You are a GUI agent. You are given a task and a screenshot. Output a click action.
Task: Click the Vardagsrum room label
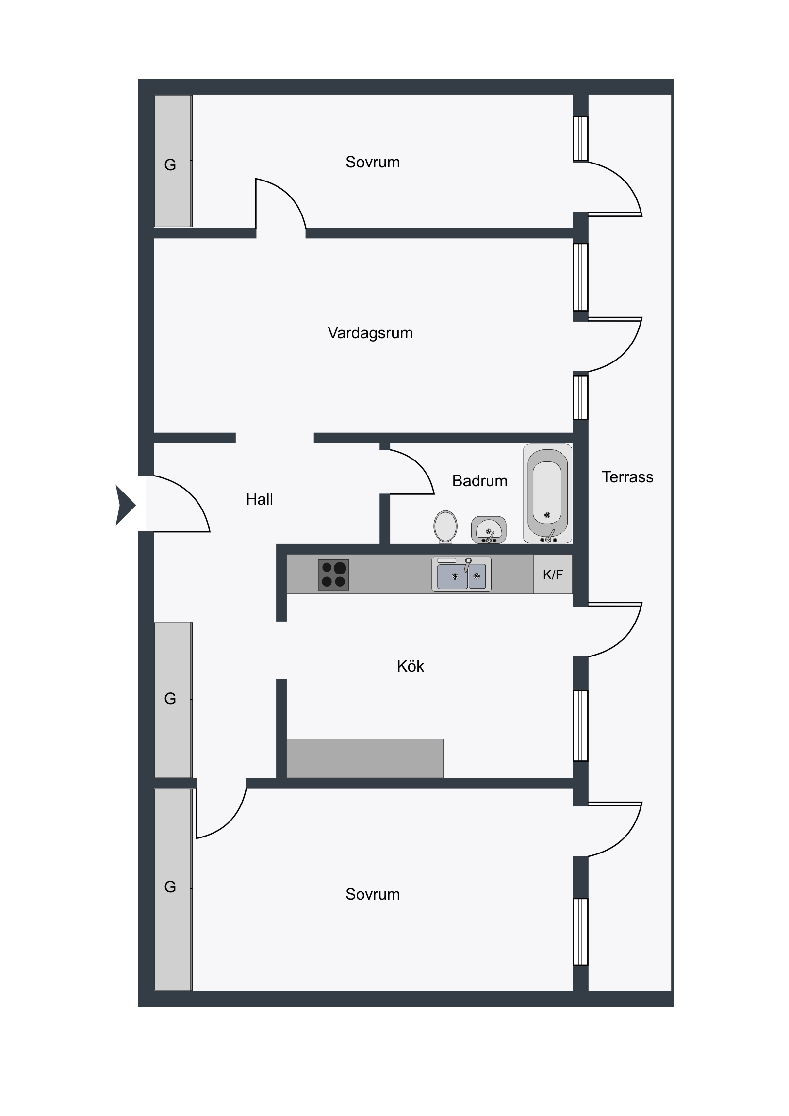click(370, 333)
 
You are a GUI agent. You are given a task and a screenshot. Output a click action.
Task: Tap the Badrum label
click(479, 481)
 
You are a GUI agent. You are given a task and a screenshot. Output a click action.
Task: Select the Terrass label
click(627, 477)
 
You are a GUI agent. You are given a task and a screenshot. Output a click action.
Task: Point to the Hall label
click(259, 499)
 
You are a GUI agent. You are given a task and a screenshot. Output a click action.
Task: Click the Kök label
click(411, 666)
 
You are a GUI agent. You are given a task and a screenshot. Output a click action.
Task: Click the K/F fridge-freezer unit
click(553, 574)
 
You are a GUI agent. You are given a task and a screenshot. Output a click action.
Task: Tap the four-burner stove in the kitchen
click(333, 574)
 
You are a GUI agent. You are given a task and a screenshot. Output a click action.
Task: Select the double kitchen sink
click(461, 574)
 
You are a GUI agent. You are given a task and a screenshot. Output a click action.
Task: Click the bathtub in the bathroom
click(547, 493)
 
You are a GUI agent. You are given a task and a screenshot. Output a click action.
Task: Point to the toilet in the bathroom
click(445, 527)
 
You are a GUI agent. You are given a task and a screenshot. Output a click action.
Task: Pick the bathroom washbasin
click(489, 530)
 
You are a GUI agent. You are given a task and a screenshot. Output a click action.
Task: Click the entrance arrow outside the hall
click(125, 506)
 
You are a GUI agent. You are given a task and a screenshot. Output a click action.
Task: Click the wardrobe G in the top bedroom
click(173, 161)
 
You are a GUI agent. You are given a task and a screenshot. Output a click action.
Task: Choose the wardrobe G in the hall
click(173, 700)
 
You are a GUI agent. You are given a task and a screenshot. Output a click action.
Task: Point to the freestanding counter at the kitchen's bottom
click(365, 758)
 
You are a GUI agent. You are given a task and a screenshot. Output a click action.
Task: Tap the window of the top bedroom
click(580, 138)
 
